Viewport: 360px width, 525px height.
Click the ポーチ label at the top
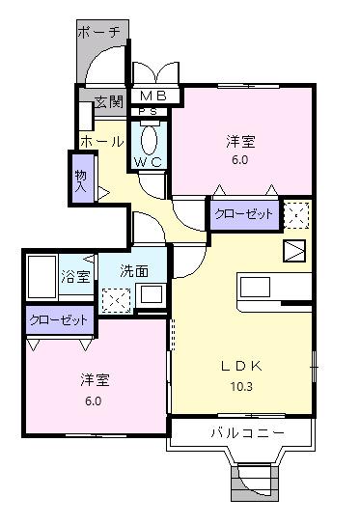tap(101, 32)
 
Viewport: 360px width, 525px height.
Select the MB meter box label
tap(154, 96)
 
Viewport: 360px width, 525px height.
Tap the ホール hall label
tap(101, 142)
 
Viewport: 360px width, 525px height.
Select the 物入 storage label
tap(80, 180)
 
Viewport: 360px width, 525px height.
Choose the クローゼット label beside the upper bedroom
tap(243, 214)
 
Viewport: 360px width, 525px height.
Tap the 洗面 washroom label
tap(134, 271)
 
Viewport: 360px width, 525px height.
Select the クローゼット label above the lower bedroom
tap(58, 319)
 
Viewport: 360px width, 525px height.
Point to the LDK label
tap(241, 365)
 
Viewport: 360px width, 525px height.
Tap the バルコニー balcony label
tap(247, 433)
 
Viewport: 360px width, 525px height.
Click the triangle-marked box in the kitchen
tap(293, 251)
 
